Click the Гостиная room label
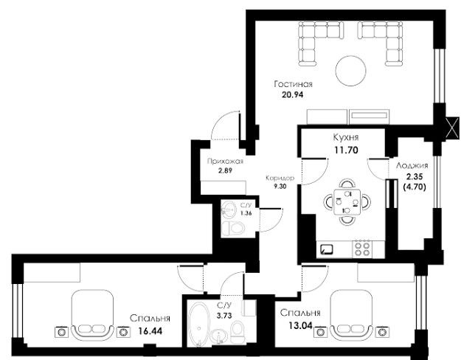click(293, 84)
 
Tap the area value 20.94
click(292, 94)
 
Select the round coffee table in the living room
click(351, 71)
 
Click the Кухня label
click(346, 137)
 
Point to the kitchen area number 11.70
click(347, 150)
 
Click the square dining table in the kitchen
click(347, 202)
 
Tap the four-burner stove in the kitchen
click(362, 249)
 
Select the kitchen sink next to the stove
click(327, 249)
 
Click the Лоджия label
click(412, 165)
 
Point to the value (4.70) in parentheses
click(415, 187)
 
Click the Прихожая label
click(225, 161)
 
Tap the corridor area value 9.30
click(280, 186)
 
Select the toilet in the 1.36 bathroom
click(233, 228)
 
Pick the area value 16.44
click(150, 331)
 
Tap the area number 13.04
click(299, 325)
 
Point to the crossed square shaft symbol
click(452, 128)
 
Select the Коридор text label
click(280, 179)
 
